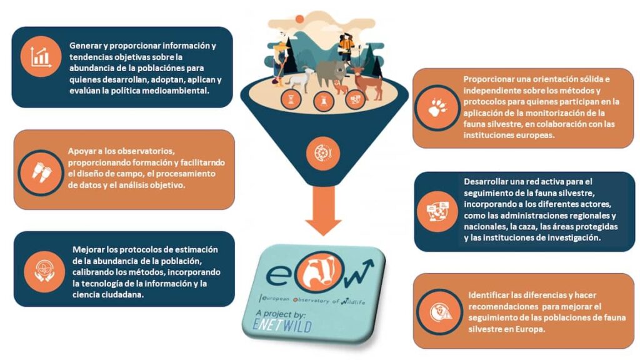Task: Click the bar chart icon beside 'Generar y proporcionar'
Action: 41,56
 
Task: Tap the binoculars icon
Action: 41,172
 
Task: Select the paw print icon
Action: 437,107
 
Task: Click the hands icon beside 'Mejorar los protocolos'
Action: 44,271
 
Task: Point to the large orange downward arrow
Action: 323,210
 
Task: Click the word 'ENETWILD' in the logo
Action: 282,325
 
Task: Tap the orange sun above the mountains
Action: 299,19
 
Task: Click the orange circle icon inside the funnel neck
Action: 323,153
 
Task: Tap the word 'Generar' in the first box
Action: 84,46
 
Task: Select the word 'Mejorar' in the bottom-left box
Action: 88,249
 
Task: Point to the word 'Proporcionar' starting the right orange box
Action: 487,79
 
